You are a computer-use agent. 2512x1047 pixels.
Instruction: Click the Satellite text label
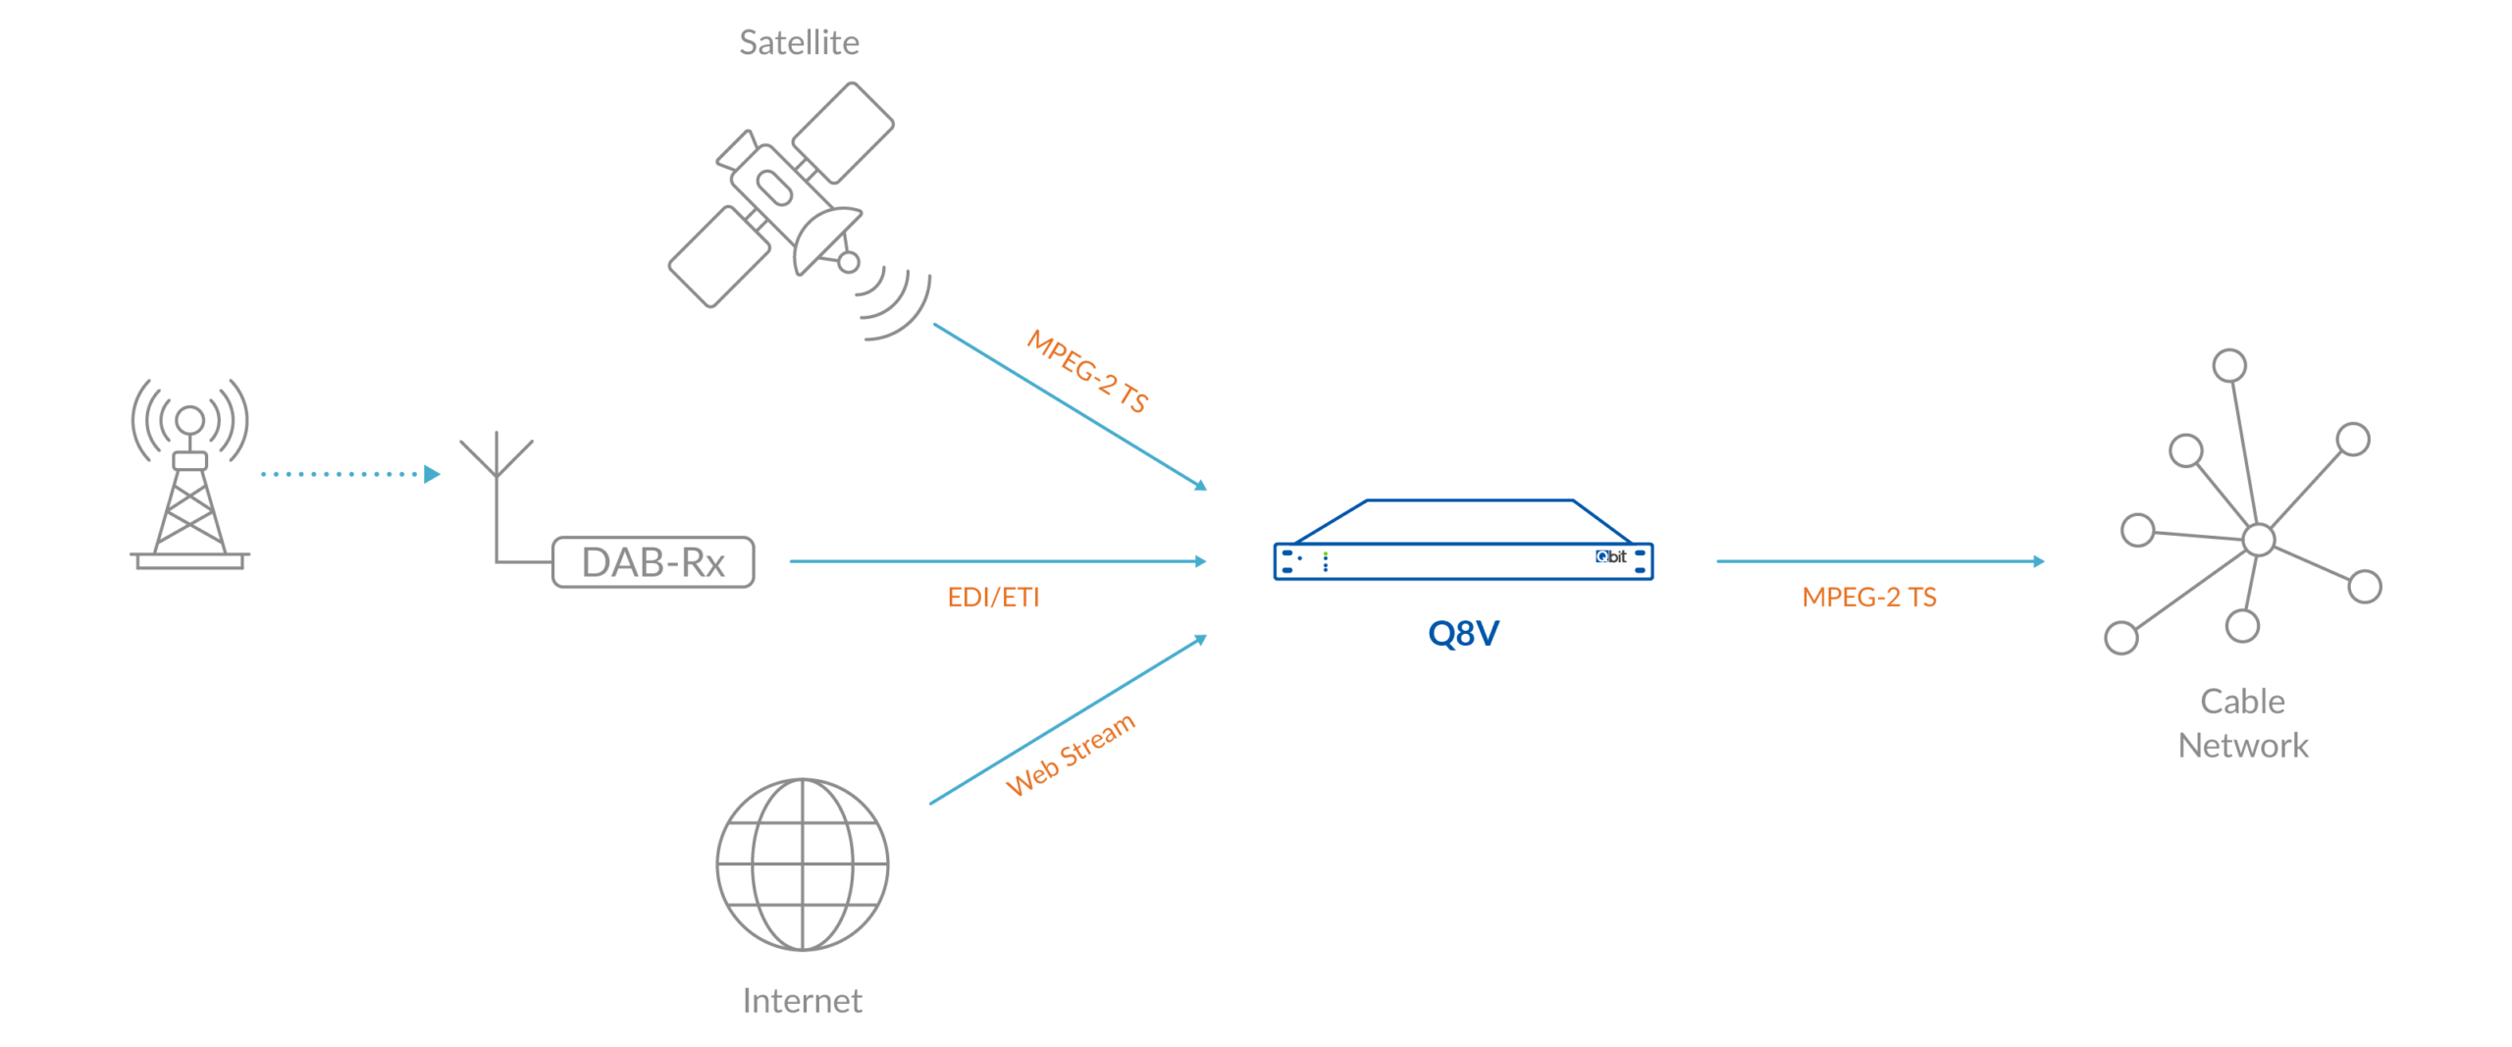tap(799, 43)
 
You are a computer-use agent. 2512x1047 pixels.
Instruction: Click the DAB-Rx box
tap(654, 562)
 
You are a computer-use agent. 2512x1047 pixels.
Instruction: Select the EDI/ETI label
tap(993, 598)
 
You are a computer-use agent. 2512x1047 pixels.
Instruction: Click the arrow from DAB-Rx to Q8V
tap(996, 561)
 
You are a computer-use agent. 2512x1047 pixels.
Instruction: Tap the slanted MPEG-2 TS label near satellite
tap(1087, 372)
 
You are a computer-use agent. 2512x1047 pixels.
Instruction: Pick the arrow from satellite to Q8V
tap(1070, 405)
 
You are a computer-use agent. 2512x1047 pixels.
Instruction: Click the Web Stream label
tap(1071, 756)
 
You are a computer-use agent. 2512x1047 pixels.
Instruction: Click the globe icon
tap(803, 864)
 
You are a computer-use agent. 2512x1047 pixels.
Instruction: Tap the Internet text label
tap(803, 1001)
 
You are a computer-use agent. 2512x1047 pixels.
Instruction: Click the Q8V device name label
tap(1463, 634)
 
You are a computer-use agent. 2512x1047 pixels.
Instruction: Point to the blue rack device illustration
tap(1463, 550)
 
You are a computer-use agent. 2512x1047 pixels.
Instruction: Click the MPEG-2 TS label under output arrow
tap(1869, 598)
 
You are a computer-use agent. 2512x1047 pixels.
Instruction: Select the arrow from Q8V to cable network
tap(1879, 561)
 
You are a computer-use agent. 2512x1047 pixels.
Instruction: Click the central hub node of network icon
tap(2259, 539)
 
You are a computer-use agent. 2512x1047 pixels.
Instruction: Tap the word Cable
tap(2242, 702)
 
